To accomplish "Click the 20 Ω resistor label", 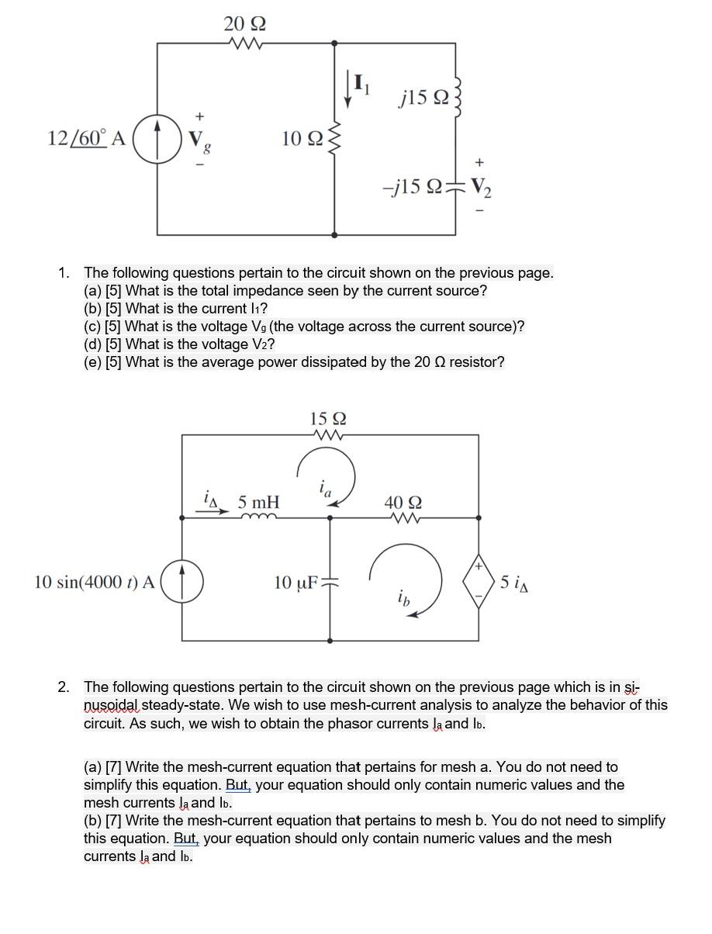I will click(x=245, y=23).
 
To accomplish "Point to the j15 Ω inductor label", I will click(x=423, y=97).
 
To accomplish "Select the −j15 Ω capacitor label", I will click(x=412, y=187).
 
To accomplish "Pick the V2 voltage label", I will click(x=481, y=187).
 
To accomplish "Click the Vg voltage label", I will click(x=199, y=140).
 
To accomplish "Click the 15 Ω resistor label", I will click(x=328, y=419).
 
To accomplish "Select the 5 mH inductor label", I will click(x=259, y=503).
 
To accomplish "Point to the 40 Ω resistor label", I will click(x=403, y=503).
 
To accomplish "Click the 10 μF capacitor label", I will click(x=296, y=582).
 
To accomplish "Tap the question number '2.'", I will click(x=64, y=687).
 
